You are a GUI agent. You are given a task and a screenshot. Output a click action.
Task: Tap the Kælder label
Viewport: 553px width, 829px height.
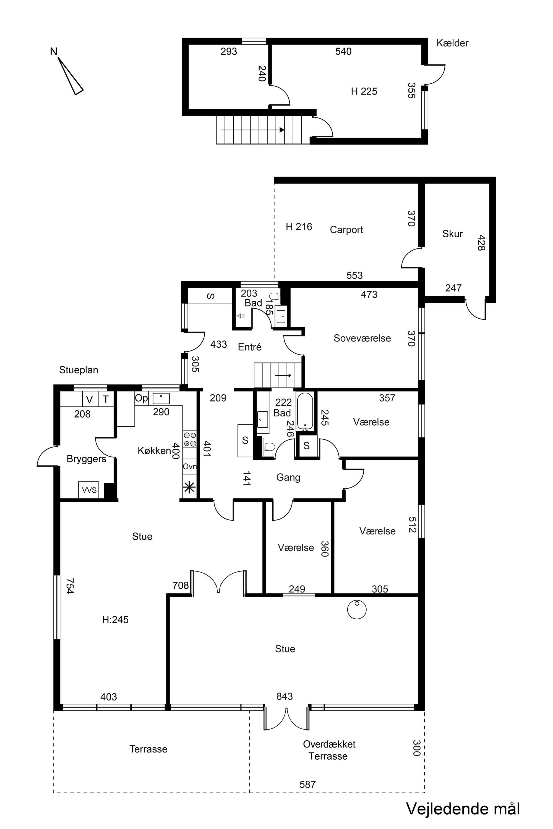[x=452, y=43]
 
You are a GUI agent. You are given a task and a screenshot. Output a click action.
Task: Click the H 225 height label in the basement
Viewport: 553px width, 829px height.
[x=364, y=91]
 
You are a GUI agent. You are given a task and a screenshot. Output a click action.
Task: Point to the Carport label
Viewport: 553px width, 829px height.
[x=346, y=230]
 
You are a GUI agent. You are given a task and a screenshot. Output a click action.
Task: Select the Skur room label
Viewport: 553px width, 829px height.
[x=452, y=234]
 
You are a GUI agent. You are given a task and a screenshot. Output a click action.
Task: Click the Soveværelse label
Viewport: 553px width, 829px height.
[x=362, y=338]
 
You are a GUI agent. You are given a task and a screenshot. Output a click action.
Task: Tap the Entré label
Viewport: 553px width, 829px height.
[x=250, y=347]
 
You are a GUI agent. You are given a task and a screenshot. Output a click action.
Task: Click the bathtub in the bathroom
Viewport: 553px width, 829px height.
[x=305, y=412]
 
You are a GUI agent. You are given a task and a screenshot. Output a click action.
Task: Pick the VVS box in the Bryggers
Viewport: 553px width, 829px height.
[x=89, y=490]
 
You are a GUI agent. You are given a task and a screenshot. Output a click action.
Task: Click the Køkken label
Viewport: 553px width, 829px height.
[x=154, y=450]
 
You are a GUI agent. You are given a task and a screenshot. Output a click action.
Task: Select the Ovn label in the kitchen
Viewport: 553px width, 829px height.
[x=189, y=466]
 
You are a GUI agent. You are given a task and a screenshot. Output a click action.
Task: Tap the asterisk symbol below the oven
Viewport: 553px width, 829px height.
[x=189, y=488]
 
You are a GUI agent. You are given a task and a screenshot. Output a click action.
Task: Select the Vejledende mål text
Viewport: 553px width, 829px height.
[x=463, y=809]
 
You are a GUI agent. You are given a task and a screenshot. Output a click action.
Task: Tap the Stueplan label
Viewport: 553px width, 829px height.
[x=79, y=370]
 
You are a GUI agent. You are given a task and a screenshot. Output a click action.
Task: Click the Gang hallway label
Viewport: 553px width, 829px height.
[x=288, y=478]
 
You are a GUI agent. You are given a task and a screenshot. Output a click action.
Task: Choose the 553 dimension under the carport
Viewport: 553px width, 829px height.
[x=354, y=275]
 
